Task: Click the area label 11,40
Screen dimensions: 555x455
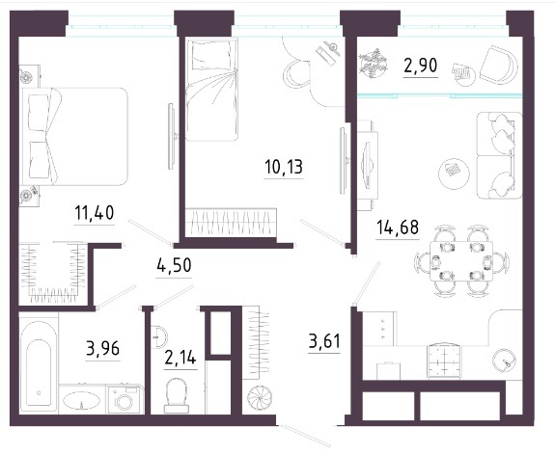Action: [x=95, y=213]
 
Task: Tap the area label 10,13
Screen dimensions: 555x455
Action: [x=284, y=167]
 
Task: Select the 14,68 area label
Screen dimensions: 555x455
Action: [x=398, y=227]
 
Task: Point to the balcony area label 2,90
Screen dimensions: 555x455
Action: [x=421, y=66]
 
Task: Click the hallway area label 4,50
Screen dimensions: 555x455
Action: [x=174, y=265]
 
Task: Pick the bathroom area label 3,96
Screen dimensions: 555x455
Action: [x=103, y=349]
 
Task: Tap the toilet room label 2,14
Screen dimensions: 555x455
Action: [x=180, y=358]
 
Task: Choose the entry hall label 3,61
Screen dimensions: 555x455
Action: [x=324, y=341]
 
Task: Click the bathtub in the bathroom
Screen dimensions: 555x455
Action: [x=39, y=365]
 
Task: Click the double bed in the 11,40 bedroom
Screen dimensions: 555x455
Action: [x=74, y=137]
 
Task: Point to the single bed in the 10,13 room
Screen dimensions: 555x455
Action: [x=211, y=90]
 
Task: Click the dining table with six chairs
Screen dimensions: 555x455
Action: [x=461, y=261]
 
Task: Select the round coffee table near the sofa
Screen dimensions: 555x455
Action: [x=454, y=173]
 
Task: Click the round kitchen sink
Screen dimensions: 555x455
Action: [x=505, y=361]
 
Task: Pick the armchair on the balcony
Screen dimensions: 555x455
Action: [x=499, y=66]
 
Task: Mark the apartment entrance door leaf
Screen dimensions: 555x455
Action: [x=304, y=436]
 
